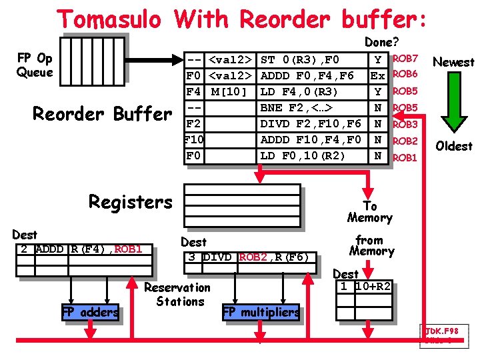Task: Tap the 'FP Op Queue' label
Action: [35, 65]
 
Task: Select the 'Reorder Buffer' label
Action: [102, 114]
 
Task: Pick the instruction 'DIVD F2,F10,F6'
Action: [311, 123]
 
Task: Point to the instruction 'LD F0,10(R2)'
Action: [303, 156]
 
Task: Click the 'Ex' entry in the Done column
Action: [377, 75]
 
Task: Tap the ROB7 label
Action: [405, 59]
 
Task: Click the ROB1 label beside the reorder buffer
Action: [405, 158]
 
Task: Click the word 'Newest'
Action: [453, 62]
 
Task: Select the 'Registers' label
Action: [130, 201]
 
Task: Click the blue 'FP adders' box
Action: [91, 312]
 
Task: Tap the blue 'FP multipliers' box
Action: [261, 312]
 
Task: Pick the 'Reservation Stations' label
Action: [177, 294]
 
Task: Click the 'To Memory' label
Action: [369, 212]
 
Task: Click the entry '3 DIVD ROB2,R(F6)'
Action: [247, 257]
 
